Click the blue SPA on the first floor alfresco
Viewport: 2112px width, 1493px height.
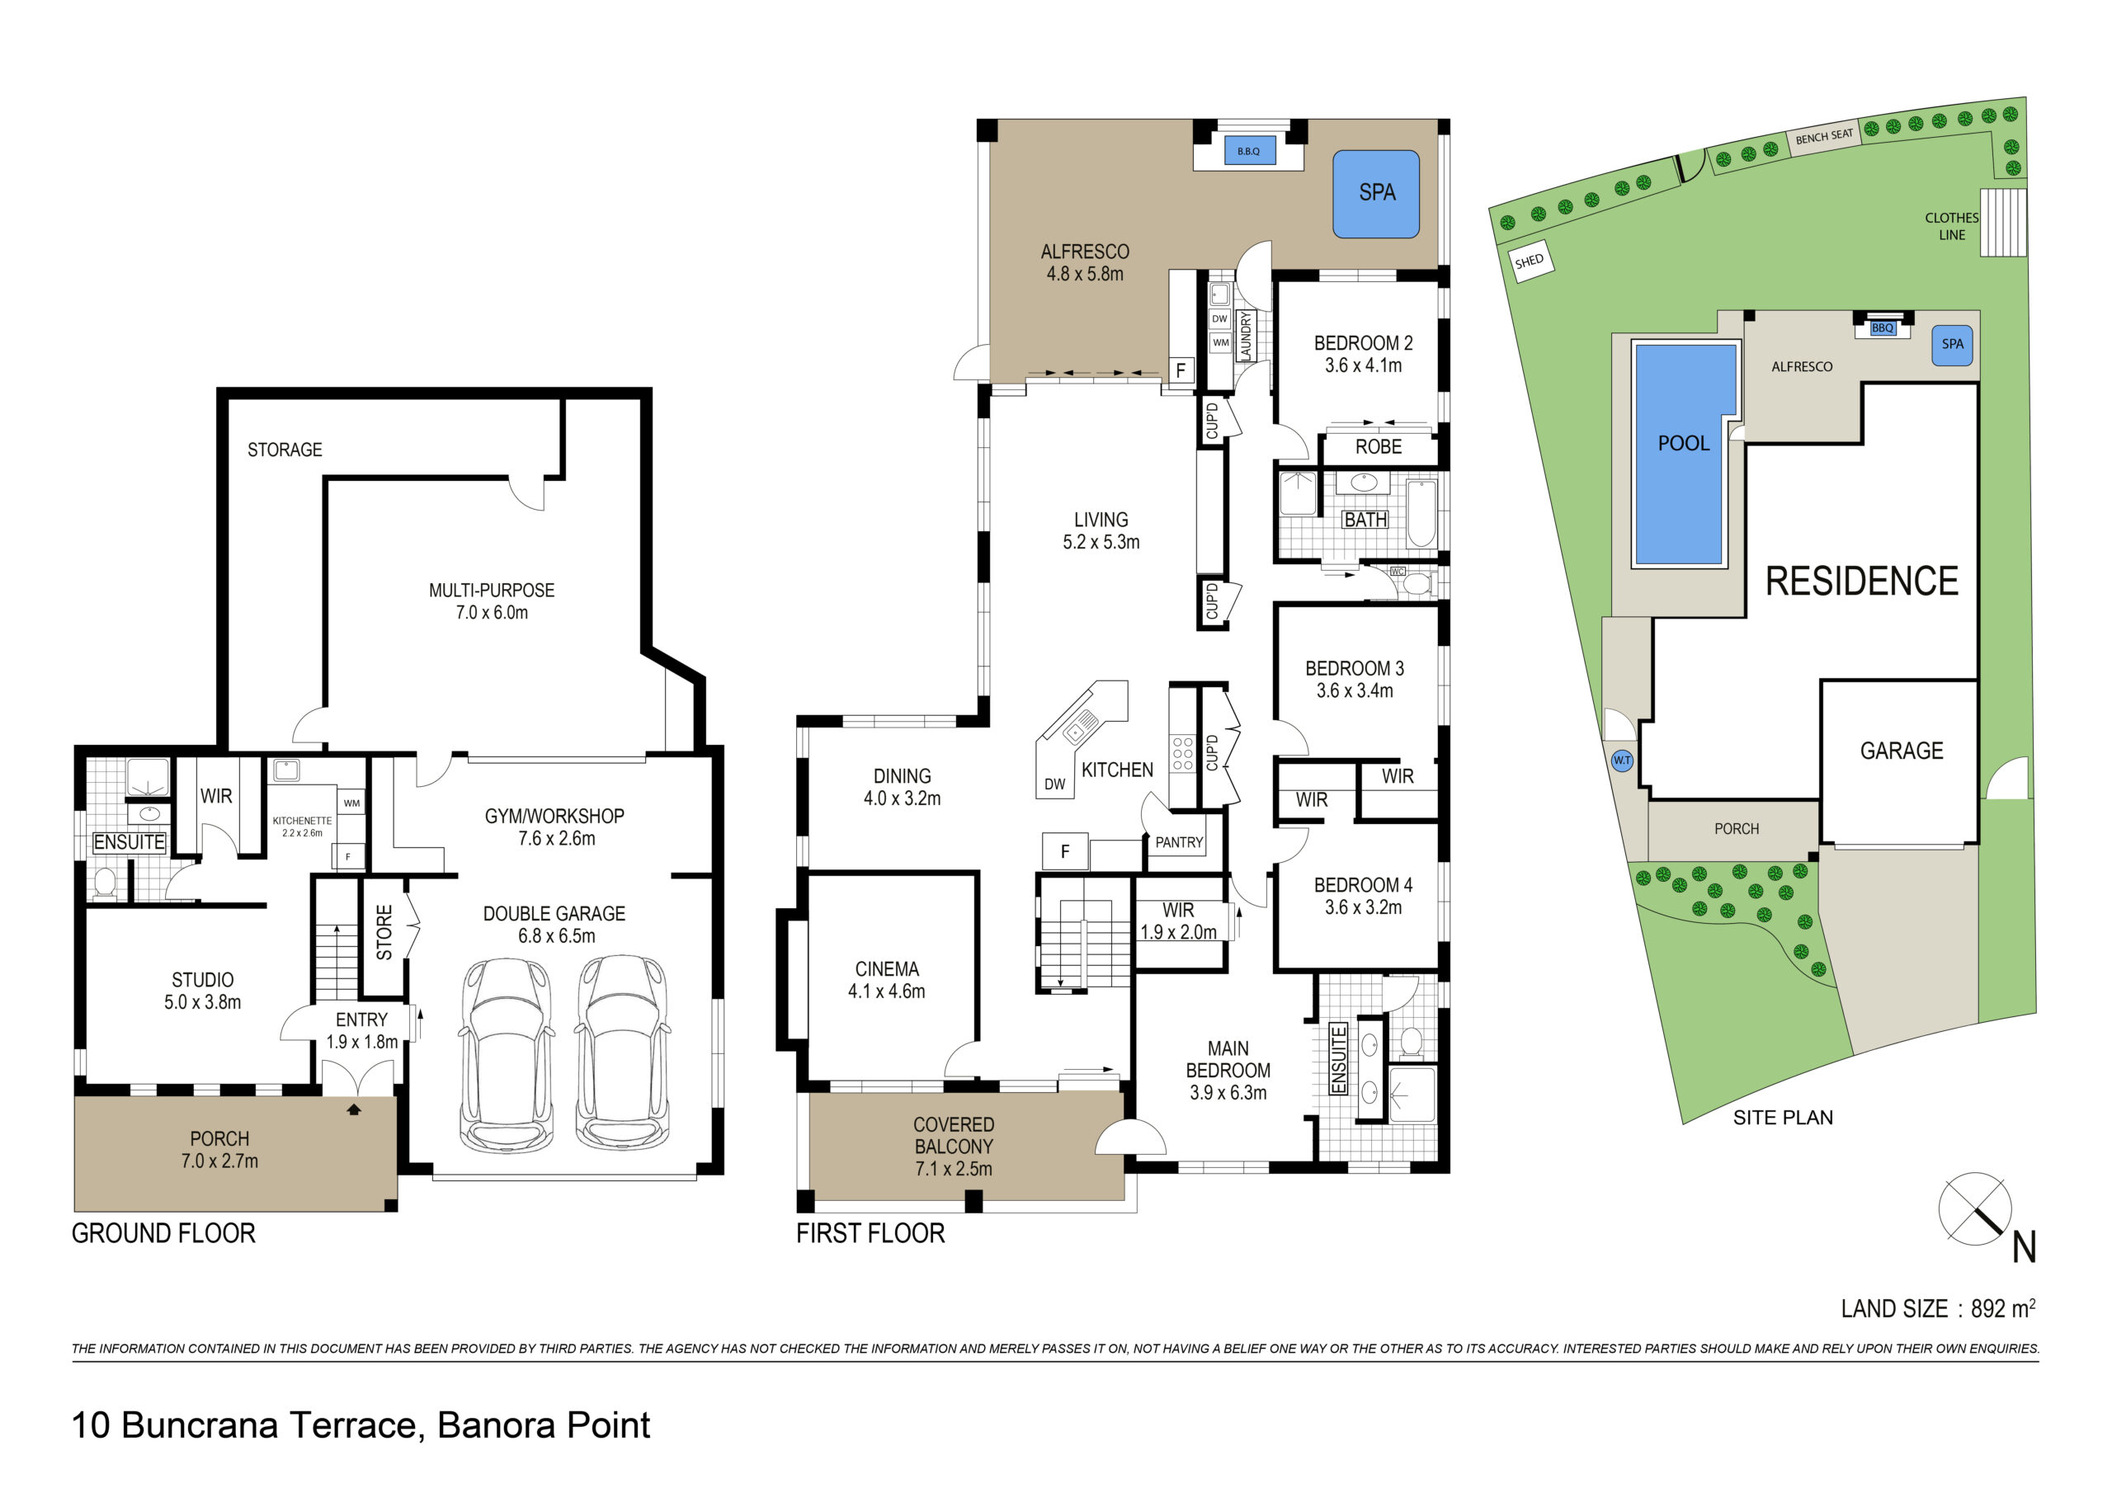1376,194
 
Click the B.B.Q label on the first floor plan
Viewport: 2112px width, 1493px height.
1248,151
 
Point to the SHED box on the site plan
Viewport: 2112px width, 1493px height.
1529,261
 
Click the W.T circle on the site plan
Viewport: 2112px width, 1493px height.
1622,761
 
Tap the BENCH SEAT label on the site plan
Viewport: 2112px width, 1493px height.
1824,137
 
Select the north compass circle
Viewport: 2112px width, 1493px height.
1974,1210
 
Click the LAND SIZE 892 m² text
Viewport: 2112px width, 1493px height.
1937,1308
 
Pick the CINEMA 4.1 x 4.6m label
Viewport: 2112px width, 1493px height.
886,980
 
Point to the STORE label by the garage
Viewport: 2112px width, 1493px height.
384,932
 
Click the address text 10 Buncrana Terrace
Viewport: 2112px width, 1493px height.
360,1425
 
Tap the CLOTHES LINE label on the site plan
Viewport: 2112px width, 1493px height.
1950,226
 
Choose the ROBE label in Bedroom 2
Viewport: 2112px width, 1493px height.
1378,447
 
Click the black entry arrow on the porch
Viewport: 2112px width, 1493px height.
353,1109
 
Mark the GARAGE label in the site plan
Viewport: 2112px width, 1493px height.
1902,751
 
